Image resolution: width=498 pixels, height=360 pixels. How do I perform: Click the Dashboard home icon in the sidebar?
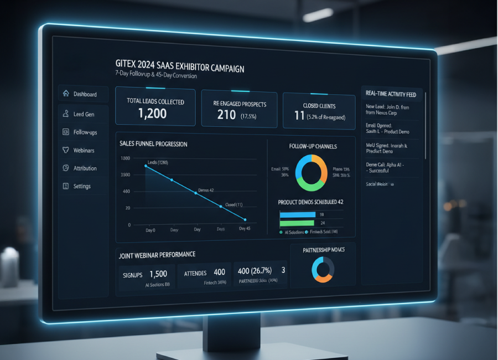point(66,94)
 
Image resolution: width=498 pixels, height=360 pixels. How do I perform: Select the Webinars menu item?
point(84,150)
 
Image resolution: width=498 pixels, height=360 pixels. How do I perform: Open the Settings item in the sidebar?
point(81,187)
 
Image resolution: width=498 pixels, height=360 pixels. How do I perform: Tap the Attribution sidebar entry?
point(85,168)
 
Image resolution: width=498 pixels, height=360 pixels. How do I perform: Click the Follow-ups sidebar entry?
point(85,132)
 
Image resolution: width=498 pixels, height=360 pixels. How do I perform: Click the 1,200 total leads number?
point(153,114)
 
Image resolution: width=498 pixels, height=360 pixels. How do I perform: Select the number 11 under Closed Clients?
point(299,116)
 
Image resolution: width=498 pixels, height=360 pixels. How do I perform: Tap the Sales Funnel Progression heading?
point(153,144)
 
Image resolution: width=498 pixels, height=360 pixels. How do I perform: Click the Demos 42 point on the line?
point(196,193)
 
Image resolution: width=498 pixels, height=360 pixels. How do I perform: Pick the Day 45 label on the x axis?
point(244,228)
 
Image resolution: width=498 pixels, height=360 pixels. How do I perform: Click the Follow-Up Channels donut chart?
point(312,173)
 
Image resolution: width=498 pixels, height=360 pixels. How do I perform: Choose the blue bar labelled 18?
point(297,214)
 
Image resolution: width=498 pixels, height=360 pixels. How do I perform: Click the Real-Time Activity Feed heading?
point(391,94)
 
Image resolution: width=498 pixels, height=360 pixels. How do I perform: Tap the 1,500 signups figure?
point(158,273)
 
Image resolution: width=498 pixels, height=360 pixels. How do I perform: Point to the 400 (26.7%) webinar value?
point(255,271)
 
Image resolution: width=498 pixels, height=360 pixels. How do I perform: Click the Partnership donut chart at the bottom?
point(323,269)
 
